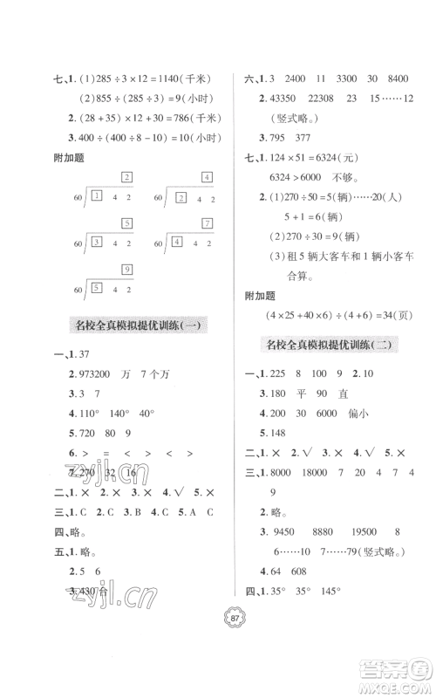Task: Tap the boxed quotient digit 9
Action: (127, 269)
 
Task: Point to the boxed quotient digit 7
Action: (207, 223)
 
